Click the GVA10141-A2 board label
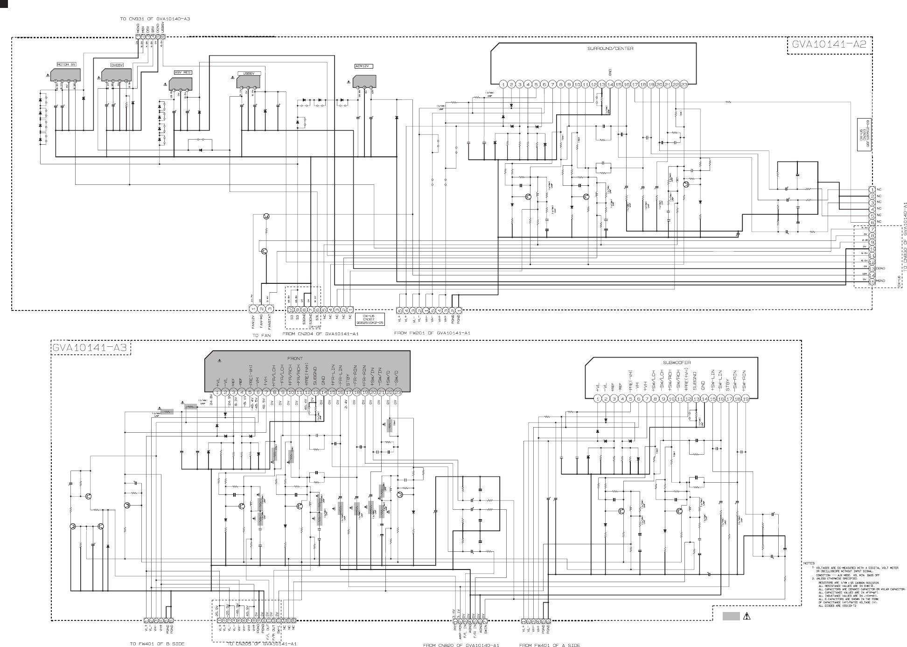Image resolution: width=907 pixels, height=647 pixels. tap(829, 45)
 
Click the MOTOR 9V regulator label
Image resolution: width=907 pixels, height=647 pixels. tap(66, 64)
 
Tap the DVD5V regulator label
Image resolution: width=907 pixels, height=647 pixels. tap(117, 65)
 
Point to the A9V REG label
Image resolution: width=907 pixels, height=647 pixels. tap(182, 73)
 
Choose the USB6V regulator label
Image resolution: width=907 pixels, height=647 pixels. tap(249, 73)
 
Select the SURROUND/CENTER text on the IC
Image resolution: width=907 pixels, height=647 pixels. tap(610, 49)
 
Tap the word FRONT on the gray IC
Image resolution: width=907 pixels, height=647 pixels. tap(295, 359)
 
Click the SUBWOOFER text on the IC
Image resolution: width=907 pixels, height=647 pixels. tap(677, 362)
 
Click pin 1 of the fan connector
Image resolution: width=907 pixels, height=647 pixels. tap(253, 309)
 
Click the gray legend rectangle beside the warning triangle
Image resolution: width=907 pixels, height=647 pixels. tap(731, 616)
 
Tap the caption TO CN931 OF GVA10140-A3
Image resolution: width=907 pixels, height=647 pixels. tap(155, 19)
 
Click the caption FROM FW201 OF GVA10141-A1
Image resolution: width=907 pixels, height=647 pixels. tap(432, 333)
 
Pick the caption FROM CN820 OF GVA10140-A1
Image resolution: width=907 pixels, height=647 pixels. tap(460, 645)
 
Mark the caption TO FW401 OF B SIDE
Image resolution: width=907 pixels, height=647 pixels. tap(157, 644)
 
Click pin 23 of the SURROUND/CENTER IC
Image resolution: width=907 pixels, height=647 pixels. tap(684, 84)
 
